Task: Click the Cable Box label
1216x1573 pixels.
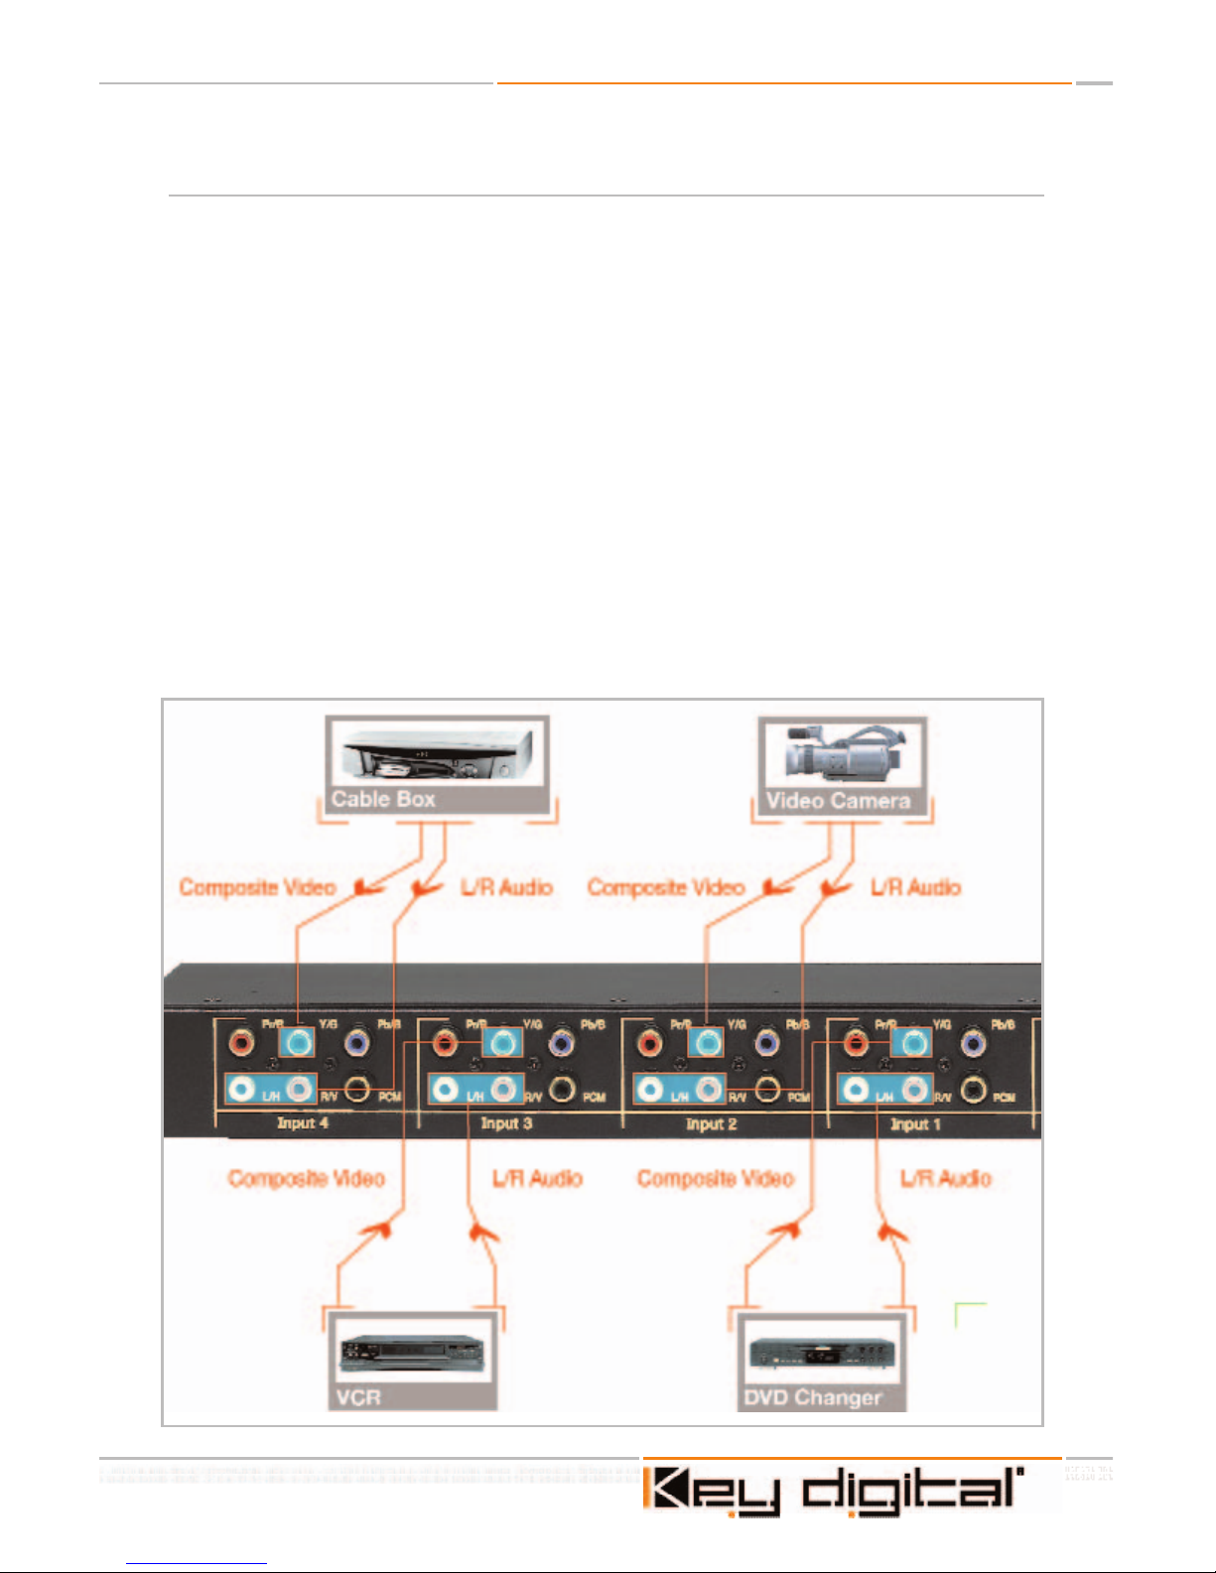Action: (x=383, y=799)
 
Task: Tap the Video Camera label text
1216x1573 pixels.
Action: (x=838, y=801)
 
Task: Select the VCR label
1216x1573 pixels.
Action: (x=358, y=1397)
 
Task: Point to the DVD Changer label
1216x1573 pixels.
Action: (x=813, y=1397)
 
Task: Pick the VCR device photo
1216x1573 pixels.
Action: (x=412, y=1355)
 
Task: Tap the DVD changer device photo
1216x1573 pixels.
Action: (x=821, y=1355)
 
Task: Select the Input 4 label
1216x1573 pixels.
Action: (x=302, y=1123)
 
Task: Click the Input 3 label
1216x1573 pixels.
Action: (x=506, y=1123)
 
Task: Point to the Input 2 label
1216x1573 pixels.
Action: (x=711, y=1124)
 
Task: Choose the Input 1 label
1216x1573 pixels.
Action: (x=915, y=1124)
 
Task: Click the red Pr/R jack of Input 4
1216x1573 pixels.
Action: (x=240, y=1043)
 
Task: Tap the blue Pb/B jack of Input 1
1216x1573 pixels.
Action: (x=974, y=1043)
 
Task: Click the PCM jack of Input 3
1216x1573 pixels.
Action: (x=563, y=1089)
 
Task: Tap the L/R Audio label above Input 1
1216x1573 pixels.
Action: (x=916, y=887)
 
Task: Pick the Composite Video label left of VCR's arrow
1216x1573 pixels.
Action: (x=306, y=1179)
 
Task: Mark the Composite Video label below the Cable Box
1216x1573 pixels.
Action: (x=257, y=887)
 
